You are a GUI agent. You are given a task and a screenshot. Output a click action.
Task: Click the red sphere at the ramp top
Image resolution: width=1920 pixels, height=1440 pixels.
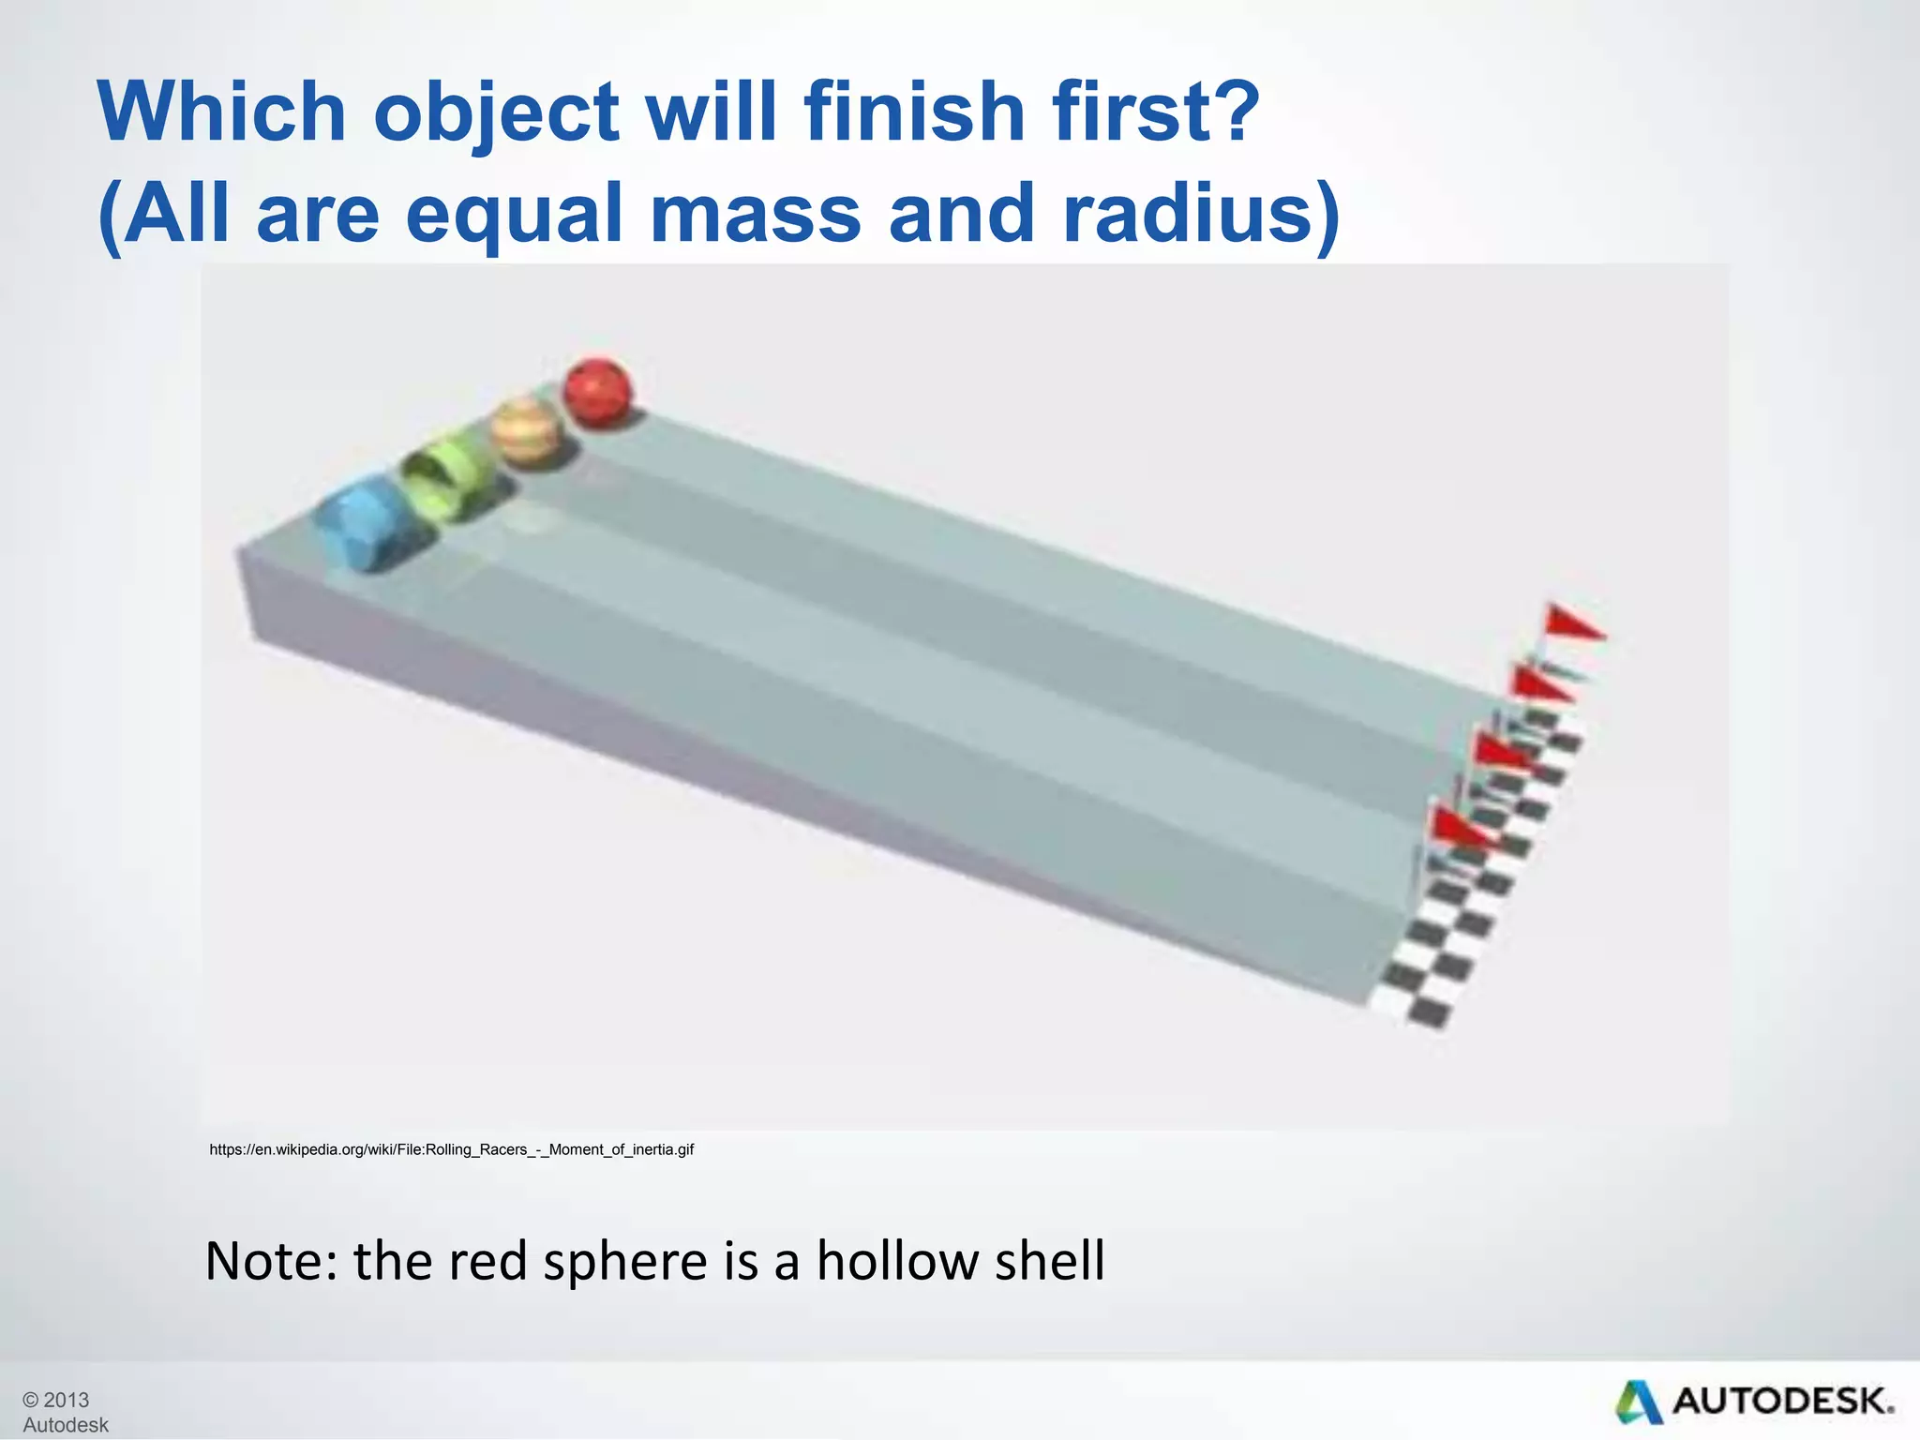click(x=597, y=393)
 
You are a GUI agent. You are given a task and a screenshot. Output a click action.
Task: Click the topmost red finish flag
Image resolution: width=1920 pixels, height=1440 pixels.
click(x=1570, y=622)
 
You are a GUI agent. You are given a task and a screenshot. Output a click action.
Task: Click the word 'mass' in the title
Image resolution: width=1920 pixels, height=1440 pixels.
click(x=755, y=214)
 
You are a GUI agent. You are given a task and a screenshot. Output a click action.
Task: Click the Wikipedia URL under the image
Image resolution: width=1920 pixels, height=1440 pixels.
click(x=451, y=1149)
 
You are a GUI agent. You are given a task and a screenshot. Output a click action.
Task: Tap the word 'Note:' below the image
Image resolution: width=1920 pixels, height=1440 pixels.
click(x=270, y=1261)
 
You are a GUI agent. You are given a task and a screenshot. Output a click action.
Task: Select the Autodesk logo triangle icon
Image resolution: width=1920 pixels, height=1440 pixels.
click(x=1638, y=1402)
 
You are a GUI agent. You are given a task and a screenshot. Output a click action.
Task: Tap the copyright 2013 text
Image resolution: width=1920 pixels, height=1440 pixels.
click(x=56, y=1400)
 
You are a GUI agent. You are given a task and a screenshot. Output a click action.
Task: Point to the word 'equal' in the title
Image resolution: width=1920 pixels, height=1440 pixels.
click(x=514, y=214)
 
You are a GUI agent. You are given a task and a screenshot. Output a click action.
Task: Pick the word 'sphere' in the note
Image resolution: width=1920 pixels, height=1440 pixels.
click(x=624, y=1261)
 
